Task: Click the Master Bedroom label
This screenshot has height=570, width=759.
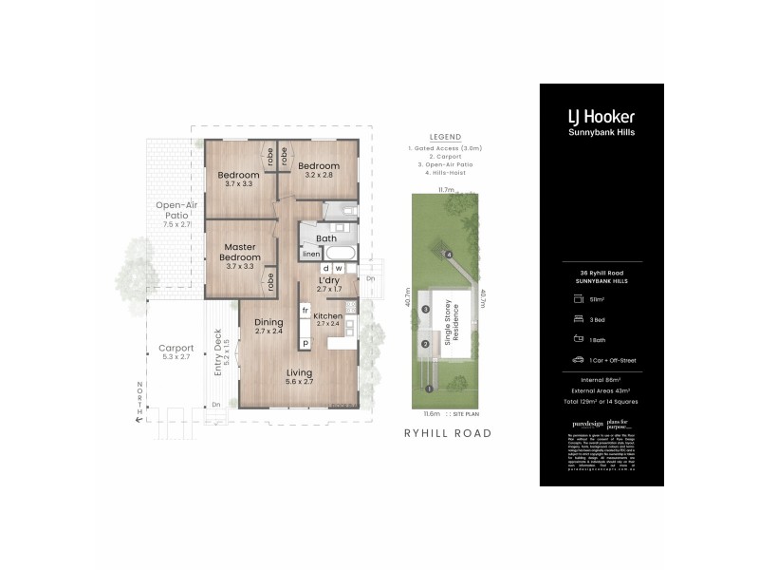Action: pos(242,252)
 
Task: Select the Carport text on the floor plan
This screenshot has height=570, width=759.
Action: pos(176,348)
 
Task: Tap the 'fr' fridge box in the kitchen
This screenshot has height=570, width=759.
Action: pos(305,311)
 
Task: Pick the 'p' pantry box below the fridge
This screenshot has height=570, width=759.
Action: pos(305,343)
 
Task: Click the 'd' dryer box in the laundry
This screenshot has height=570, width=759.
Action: pos(325,268)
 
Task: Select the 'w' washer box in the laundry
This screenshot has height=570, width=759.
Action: pos(339,268)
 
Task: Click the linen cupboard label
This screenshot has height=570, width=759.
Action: pos(310,255)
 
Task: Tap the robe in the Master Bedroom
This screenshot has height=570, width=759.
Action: pos(270,280)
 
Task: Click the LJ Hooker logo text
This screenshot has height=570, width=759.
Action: pos(601,117)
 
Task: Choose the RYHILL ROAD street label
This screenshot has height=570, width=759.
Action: pos(447,432)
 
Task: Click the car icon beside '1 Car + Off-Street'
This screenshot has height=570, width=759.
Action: pos(577,360)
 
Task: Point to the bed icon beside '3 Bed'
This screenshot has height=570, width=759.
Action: pos(577,318)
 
